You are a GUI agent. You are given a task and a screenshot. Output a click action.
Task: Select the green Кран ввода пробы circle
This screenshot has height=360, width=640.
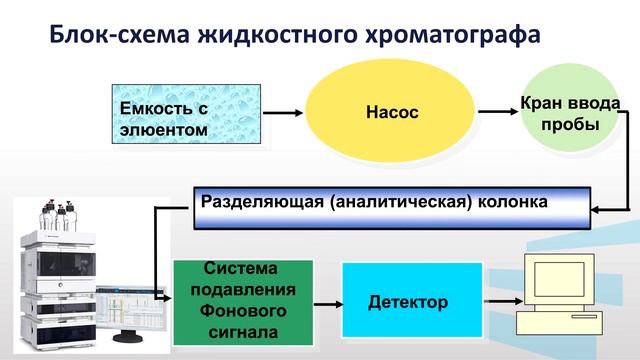tap(570, 113)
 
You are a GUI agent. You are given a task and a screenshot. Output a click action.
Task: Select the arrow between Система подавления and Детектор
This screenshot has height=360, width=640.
tap(327, 301)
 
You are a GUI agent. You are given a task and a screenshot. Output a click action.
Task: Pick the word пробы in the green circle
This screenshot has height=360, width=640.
tap(570, 125)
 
